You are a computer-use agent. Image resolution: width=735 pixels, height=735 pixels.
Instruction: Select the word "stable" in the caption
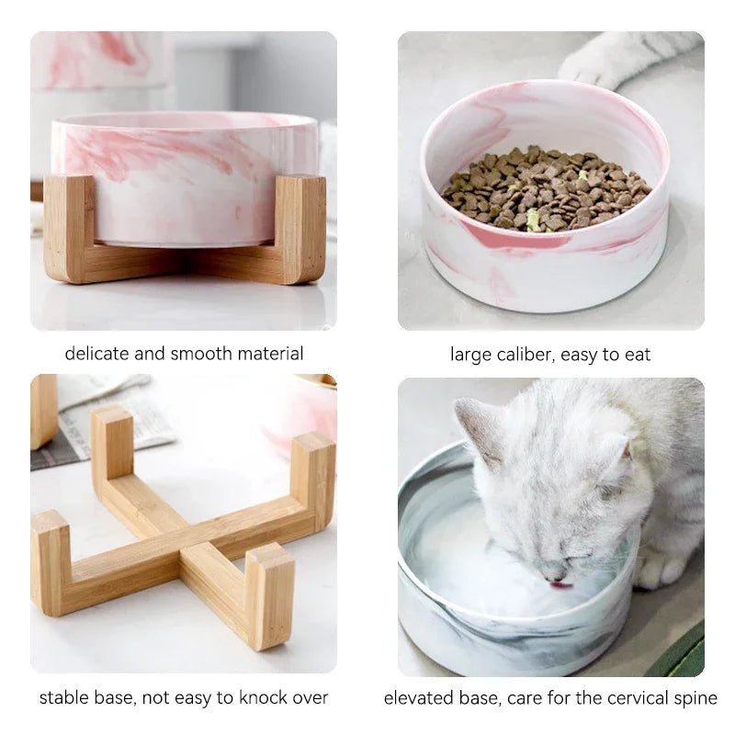pyautogui.click(x=62, y=698)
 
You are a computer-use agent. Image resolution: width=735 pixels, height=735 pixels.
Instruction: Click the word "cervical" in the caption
pyautogui.click(x=621, y=698)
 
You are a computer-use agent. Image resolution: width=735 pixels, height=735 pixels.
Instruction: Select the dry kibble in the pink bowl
pyautogui.click(x=544, y=187)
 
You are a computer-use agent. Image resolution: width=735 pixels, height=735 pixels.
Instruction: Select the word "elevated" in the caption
pyautogui.click(x=419, y=698)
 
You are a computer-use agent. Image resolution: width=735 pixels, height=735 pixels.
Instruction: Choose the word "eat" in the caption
pyautogui.click(x=637, y=354)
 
